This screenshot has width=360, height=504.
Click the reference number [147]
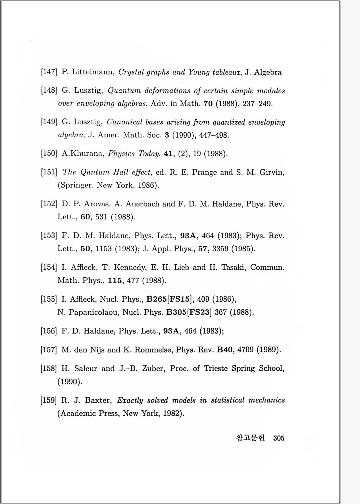tap(49, 72)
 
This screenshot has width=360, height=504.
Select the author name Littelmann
tap(93, 72)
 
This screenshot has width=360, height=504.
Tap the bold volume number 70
tap(208, 103)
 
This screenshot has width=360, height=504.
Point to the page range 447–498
tap(214, 135)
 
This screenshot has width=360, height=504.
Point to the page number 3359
tap(220, 249)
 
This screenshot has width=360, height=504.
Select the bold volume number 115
tap(115, 281)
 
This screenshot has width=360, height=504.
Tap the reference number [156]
tap(49, 331)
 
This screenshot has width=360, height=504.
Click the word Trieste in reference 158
tap(216, 368)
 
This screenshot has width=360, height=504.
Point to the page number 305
tap(279, 438)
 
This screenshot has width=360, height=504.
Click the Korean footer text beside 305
tap(250, 438)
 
